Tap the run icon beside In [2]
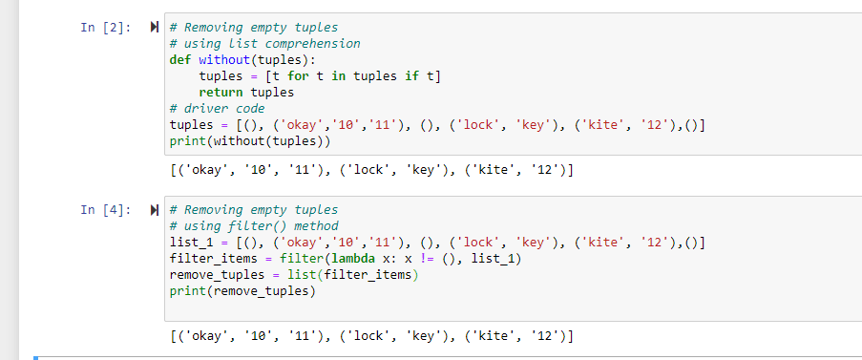coord(155,28)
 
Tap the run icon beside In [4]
coord(155,209)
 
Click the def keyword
coord(180,59)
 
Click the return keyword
coord(221,93)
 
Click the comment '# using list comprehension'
coord(264,43)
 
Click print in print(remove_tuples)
coord(187,291)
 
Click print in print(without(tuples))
coord(187,141)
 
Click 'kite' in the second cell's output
coord(494,336)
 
